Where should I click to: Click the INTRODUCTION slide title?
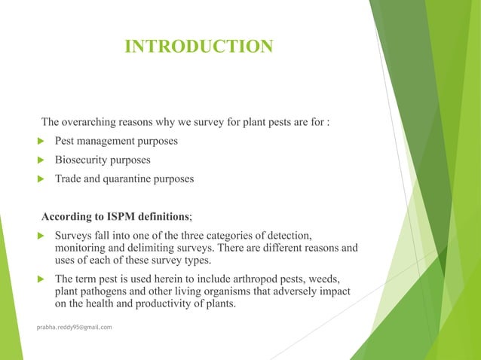[198, 47]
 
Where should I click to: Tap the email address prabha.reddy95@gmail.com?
[75, 328]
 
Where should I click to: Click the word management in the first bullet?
[106, 141]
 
